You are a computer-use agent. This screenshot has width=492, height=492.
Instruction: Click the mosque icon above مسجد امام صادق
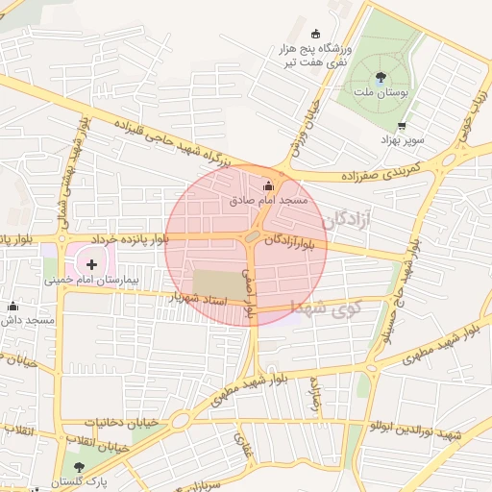point(267,185)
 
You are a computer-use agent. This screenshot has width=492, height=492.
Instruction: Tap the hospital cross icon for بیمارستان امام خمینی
point(92,262)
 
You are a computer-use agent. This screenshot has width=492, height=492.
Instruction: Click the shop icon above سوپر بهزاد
point(401,126)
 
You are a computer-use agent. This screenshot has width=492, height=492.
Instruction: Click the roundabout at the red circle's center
point(251,236)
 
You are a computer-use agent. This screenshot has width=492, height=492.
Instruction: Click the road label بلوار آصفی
point(251,293)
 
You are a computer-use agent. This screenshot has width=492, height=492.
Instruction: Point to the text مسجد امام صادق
point(268,201)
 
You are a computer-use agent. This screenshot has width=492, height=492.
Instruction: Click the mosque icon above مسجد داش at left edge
point(12,306)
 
